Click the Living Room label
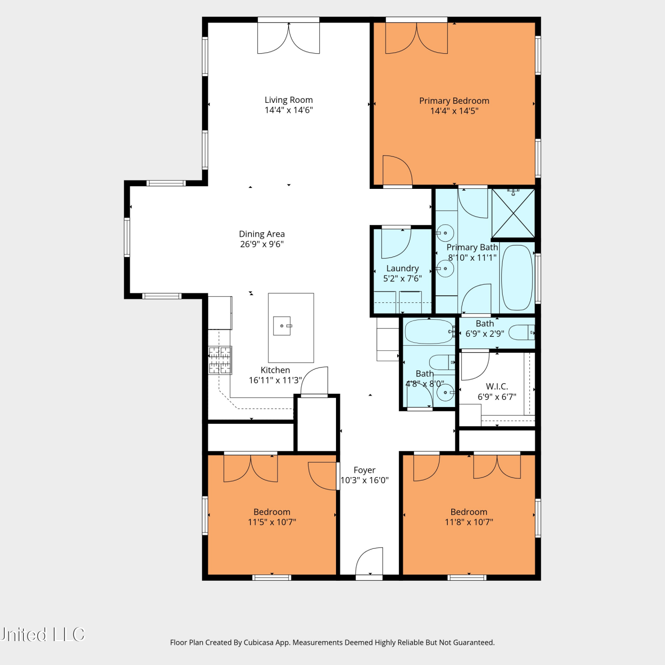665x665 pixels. coord(289,100)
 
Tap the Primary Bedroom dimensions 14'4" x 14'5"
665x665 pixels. coord(454,111)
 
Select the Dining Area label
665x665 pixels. coord(262,234)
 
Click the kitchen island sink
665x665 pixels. coord(282,326)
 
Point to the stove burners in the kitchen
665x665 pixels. coord(220,360)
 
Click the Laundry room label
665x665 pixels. coord(403,268)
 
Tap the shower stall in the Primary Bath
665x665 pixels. coord(513,213)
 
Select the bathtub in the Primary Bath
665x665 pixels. coord(516,278)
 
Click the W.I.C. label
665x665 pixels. coord(497,387)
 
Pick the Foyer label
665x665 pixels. coord(364,470)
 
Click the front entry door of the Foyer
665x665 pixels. coord(369,562)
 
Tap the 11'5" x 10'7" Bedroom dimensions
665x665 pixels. coord(272,522)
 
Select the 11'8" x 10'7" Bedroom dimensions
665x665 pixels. coord(469,522)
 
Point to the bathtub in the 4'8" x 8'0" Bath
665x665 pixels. coord(429,332)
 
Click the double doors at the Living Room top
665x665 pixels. coord(289,37)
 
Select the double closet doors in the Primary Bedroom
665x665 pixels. coord(417,37)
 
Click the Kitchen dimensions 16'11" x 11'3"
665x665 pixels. coord(275,380)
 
